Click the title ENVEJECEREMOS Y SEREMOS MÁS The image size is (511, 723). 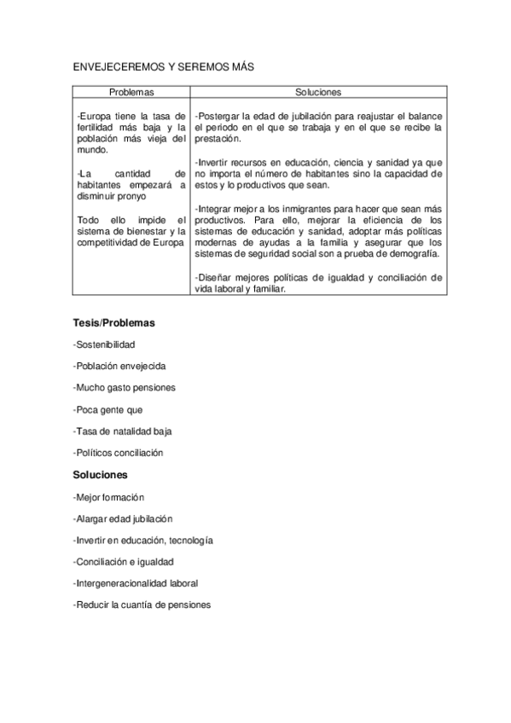(164, 66)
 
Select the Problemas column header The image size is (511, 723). (131, 91)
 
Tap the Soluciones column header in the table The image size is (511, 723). (318, 91)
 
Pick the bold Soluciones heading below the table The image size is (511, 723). (100, 474)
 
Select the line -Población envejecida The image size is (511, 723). (119, 366)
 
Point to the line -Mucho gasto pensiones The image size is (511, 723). (125, 388)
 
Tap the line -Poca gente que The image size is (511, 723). (108, 409)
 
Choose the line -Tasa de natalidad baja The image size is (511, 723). (123, 431)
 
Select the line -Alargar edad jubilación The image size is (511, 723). (123, 518)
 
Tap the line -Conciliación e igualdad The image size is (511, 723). (124, 562)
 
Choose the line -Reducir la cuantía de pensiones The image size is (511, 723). (142, 604)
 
